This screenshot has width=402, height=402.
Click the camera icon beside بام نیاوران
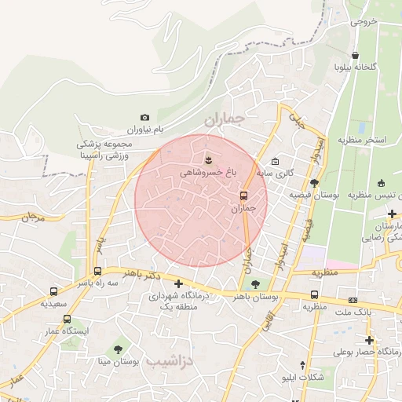[144, 117]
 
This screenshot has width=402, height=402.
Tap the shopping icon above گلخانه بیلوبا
[356, 56]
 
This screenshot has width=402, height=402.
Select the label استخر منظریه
[362, 140]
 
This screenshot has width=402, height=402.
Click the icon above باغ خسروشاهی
[208, 160]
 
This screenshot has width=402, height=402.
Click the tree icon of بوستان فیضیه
[314, 183]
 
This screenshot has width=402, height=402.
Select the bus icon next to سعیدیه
[53, 291]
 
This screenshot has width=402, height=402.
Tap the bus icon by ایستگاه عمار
[67, 320]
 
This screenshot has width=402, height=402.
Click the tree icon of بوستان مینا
[118, 347]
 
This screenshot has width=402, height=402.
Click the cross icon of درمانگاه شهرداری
[179, 283]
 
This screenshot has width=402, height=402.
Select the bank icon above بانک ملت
[353, 300]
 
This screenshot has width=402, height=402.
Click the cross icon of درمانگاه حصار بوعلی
[369, 341]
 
